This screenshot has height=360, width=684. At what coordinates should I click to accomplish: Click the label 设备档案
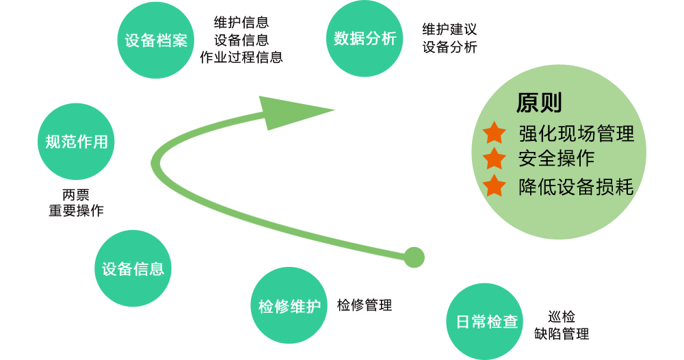click(x=156, y=40)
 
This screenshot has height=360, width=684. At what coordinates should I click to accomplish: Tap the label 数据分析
click(x=365, y=38)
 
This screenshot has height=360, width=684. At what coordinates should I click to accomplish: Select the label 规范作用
click(x=77, y=142)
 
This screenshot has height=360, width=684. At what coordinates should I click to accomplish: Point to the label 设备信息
click(x=133, y=268)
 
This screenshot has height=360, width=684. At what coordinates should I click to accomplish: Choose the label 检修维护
click(x=289, y=306)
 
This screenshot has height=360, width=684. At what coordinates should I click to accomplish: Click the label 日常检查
click(x=487, y=322)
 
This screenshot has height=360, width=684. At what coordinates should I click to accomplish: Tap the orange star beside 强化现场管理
click(x=494, y=133)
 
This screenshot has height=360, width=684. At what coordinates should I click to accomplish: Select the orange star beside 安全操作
click(x=494, y=159)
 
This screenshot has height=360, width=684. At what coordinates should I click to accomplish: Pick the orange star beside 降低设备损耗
click(x=494, y=185)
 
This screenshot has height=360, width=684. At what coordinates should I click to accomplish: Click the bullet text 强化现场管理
click(x=577, y=133)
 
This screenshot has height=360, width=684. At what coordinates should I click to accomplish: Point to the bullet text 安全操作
click(x=557, y=159)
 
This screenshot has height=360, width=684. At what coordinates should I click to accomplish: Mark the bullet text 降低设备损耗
click(x=577, y=186)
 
